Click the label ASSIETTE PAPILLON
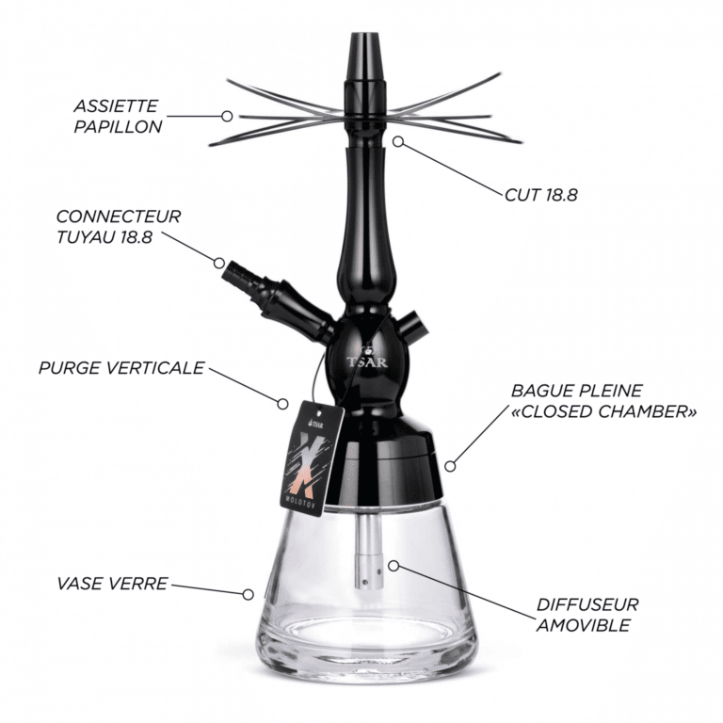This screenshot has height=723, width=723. [118, 116]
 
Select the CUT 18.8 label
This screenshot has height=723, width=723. [541, 195]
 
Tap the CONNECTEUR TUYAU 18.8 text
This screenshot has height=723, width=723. [119, 226]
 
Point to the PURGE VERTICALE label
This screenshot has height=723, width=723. [121, 368]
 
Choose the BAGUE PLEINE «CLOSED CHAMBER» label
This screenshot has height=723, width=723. [603, 401]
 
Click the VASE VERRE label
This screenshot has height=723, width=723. [112, 584]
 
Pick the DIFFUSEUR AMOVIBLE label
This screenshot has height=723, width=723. [587, 615]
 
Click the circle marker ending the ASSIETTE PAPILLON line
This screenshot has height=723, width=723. [227, 116]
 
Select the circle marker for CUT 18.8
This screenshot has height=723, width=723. [398, 141]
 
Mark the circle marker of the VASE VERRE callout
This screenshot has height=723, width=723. [249, 594]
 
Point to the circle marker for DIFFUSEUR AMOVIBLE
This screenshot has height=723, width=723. [394, 565]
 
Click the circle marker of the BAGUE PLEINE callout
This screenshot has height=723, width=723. [450, 466]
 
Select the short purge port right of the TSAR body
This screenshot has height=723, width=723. [411, 325]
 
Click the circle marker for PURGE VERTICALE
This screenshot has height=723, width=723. [282, 404]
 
